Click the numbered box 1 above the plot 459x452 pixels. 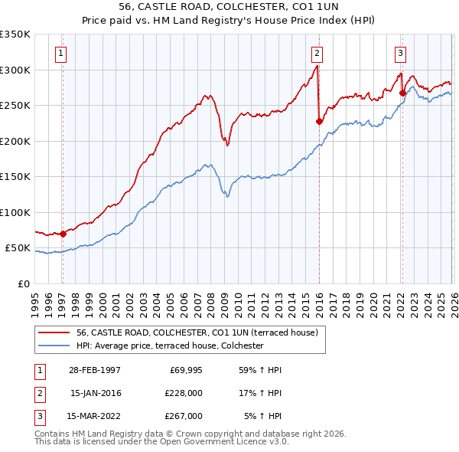[60, 53]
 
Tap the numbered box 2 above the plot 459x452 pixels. [317, 53]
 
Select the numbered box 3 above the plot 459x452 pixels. [400, 53]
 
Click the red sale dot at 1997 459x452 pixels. [63, 234]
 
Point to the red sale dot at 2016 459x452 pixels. [319, 121]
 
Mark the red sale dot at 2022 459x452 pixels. [402, 93]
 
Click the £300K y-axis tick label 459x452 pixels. [15, 70]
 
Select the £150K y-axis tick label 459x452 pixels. [15, 177]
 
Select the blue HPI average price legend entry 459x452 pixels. [169, 346]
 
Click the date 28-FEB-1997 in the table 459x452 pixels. [95, 370]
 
